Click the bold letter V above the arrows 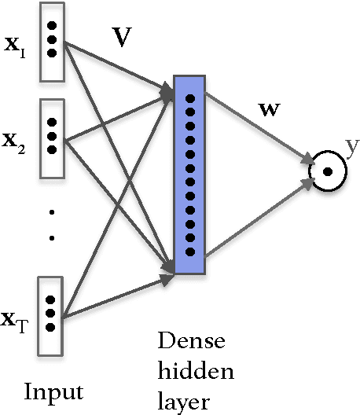point(121,40)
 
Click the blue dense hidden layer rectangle point(189,175)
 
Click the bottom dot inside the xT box point(52,325)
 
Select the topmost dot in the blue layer point(189,98)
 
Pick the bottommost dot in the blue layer point(189,252)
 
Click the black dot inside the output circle point(326,171)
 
